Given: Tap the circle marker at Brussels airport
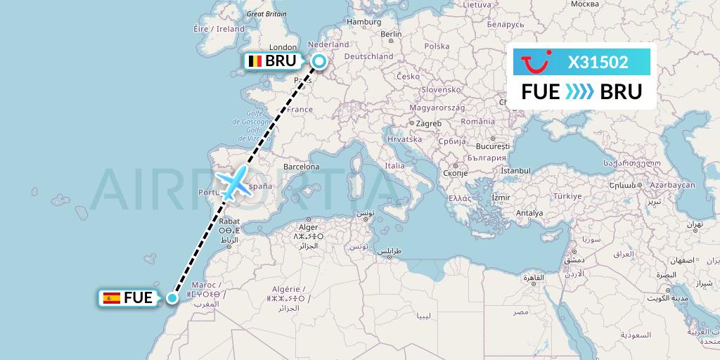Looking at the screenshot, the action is coord(319,62).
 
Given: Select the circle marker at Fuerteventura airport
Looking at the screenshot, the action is coord(172,297).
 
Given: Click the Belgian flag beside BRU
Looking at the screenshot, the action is coord(255,61).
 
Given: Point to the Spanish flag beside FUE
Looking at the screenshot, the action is coord(112,298).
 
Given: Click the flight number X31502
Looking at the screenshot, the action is coord(598,62).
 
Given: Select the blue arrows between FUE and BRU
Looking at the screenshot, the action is coord(580,92).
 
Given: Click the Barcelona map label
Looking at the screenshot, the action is coord(302,167).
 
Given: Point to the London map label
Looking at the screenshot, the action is coord(283,47).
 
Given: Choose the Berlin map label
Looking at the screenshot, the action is coord(390,34).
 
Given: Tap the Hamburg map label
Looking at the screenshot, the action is coord(364,22).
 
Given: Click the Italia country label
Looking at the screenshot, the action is coord(394,166).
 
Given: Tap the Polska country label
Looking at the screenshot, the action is coord(437,46).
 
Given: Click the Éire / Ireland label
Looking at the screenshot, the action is coord(219,29).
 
